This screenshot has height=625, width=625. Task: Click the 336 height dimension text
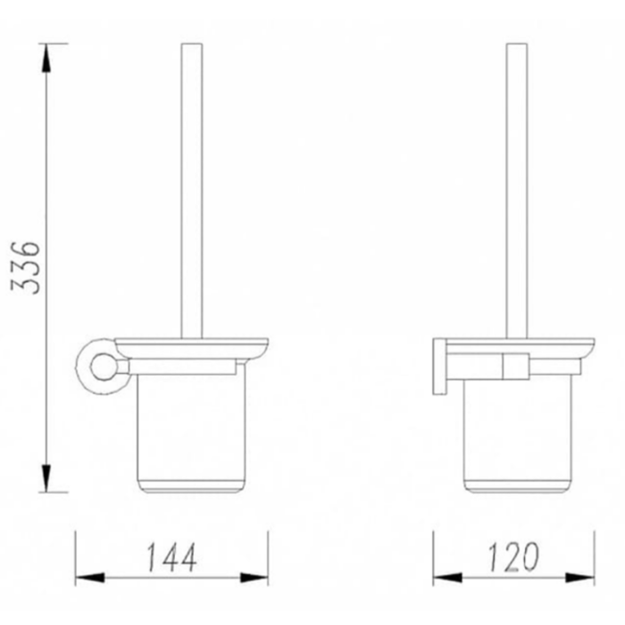(x=26, y=268)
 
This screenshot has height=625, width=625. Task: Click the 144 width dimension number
(x=171, y=557)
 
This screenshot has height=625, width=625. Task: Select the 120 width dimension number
(x=513, y=557)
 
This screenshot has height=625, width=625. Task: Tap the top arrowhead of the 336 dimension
(x=46, y=58)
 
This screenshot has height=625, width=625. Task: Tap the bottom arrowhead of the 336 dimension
(x=46, y=478)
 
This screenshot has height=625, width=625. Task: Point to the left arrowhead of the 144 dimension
(x=90, y=577)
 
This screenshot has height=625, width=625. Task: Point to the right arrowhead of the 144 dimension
(x=254, y=577)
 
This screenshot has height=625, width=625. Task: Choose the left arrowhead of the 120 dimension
(x=447, y=577)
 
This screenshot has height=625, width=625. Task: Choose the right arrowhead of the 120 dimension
(x=579, y=577)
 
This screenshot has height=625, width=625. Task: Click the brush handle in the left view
(x=192, y=191)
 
